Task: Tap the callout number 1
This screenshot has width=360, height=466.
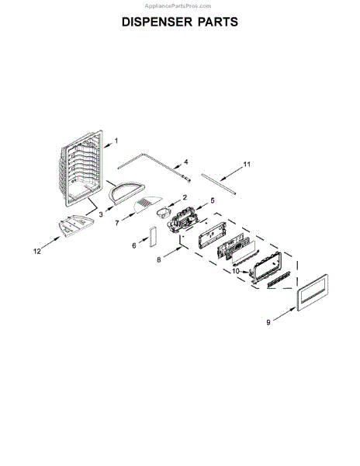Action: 116,141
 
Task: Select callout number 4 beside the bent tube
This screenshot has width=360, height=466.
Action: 185,162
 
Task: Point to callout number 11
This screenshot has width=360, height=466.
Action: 247,164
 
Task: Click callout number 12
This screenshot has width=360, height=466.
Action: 36,252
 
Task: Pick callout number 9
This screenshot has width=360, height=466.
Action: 268,322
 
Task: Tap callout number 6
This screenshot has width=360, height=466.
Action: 134,245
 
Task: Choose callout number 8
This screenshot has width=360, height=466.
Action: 159,259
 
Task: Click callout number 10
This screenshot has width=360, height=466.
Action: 236,271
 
